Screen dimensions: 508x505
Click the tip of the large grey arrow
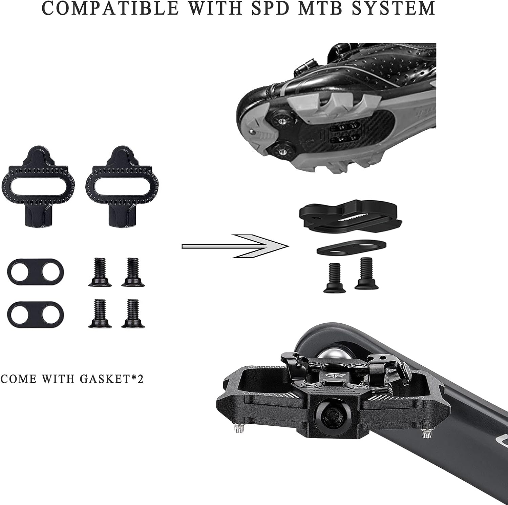(x=288, y=246)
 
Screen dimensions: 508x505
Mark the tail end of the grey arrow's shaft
(x=182, y=246)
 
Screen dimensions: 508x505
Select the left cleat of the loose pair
(x=38, y=186)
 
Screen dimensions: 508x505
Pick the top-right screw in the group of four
(x=133, y=272)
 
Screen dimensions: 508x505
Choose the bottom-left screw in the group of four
(x=100, y=313)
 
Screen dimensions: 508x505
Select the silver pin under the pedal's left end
(x=239, y=428)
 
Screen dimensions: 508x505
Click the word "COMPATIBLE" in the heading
(x=110, y=8)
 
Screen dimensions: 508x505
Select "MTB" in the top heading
(x=320, y=8)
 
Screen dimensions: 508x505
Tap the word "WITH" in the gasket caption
(x=60, y=379)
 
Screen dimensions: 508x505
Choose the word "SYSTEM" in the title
(x=393, y=8)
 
